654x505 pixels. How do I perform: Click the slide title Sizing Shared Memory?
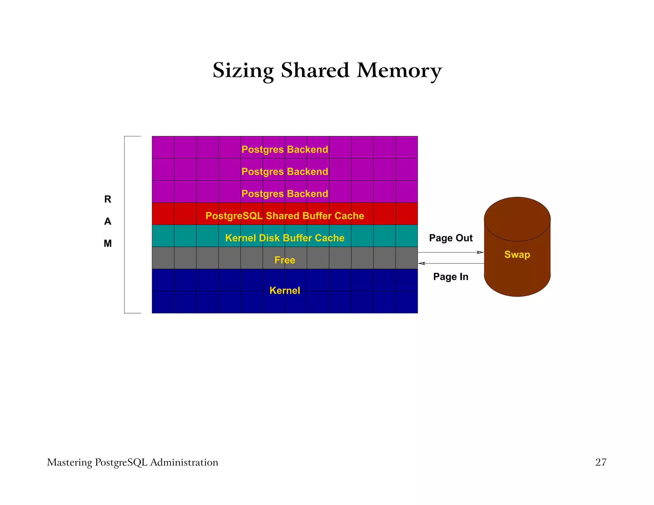coord(327,71)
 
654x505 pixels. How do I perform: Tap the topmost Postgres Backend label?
coord(285,149)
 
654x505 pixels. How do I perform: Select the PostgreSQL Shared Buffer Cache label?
coord(285,216)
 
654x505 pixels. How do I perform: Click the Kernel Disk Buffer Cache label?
coord(285,238)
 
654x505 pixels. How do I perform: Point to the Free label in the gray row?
coord(285,260)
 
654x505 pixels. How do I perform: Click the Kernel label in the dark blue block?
coord(285,290)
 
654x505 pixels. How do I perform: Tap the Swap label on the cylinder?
coord(517,254)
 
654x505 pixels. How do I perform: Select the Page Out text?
coord(451,238)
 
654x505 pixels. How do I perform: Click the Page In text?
coord(451,276)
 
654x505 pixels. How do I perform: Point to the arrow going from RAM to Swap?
coord(450,252)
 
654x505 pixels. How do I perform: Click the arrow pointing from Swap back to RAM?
coord(450,263)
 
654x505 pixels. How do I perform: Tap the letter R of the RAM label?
coord(108,199)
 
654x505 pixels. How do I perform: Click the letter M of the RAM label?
coord(108,244)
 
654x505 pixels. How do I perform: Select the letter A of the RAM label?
coord(108,221)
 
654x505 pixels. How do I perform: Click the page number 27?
coord(601,462)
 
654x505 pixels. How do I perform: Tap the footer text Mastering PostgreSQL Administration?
coord(133,462)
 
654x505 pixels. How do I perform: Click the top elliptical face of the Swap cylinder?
coord(517,219)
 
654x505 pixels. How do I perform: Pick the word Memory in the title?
coord(399,71)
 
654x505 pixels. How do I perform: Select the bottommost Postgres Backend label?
coord(285,194)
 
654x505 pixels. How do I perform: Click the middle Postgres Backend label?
coord(285,171)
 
